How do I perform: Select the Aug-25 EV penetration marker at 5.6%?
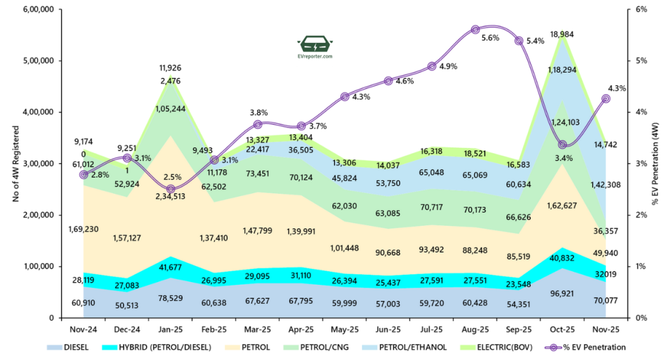[476, 29]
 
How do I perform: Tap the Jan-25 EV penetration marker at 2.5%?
[171, 189]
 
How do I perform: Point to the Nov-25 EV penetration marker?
[606, 98]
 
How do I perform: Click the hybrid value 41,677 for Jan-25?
[171, 266]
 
